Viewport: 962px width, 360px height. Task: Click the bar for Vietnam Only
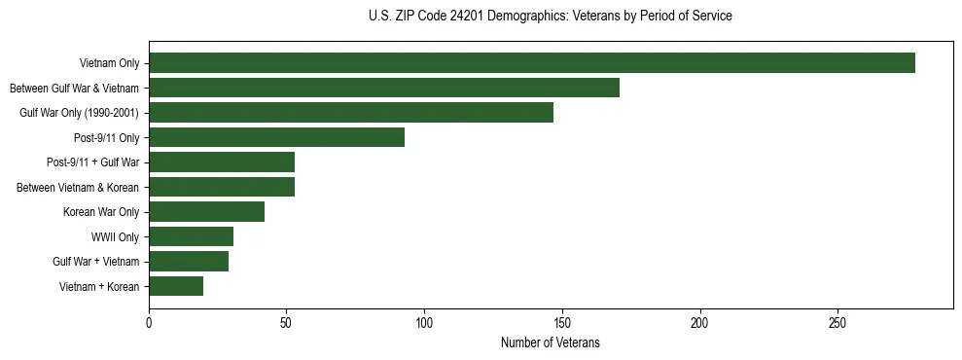coord(531,63)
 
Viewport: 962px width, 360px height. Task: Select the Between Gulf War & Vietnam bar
coord(384,88)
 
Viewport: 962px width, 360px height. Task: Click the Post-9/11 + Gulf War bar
coord(222,162)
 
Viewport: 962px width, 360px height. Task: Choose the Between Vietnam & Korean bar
coord(222,187)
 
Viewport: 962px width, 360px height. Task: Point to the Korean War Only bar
coord(206,212)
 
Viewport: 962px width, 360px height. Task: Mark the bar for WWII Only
coord(191,236)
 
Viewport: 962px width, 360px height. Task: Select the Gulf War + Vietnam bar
coord(189,262)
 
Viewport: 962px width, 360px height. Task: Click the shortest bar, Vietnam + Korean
coord(176,286)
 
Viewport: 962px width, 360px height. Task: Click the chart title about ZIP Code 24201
coord(551,17)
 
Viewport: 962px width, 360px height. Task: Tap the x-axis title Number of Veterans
coord(551,343)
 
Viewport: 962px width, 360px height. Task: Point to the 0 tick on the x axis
coord(149,323)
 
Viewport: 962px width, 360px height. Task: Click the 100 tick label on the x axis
coord(424,323)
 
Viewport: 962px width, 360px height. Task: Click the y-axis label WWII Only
coord(115,236)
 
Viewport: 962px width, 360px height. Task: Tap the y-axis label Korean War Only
coord(101,212)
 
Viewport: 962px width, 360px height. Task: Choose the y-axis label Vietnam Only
coord(109,63)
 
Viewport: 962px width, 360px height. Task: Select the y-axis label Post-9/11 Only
coord(106,137)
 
